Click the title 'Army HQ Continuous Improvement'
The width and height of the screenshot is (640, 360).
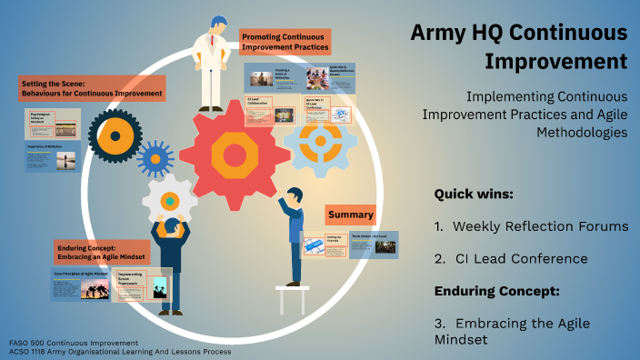519,47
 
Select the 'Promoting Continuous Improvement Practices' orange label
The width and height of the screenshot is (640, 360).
285,42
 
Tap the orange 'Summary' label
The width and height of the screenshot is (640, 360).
351,215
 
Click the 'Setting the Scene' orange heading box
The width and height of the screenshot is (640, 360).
92,88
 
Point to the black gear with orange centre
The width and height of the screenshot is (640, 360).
115,136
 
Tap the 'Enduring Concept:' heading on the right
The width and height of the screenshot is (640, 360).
496,291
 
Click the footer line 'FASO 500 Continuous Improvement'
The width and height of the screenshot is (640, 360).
69,342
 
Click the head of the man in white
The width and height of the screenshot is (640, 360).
218,25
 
